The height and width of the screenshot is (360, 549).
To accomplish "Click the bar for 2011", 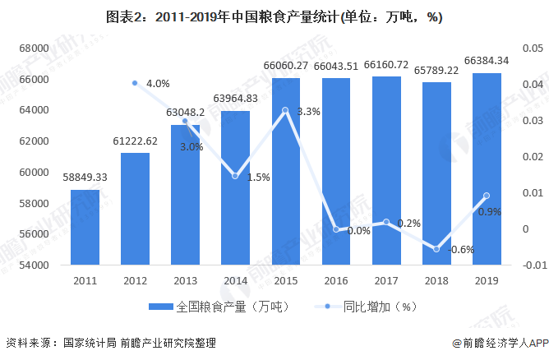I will (x=85, y=228).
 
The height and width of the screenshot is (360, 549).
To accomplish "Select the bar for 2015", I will (x=284, y=172).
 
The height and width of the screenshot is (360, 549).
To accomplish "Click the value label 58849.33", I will (x=85, y=178).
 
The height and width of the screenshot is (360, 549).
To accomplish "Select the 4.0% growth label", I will (x=157, y=84).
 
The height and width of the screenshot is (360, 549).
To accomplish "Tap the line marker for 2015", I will (x=284, y=110).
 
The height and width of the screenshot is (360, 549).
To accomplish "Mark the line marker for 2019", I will (x=487, y=196).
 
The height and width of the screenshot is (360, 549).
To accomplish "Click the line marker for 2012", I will (x=135, y=83).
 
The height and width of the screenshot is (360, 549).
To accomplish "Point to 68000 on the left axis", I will (x=35, y=48).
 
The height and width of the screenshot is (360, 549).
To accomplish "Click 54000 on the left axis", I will (x=35, y=265).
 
